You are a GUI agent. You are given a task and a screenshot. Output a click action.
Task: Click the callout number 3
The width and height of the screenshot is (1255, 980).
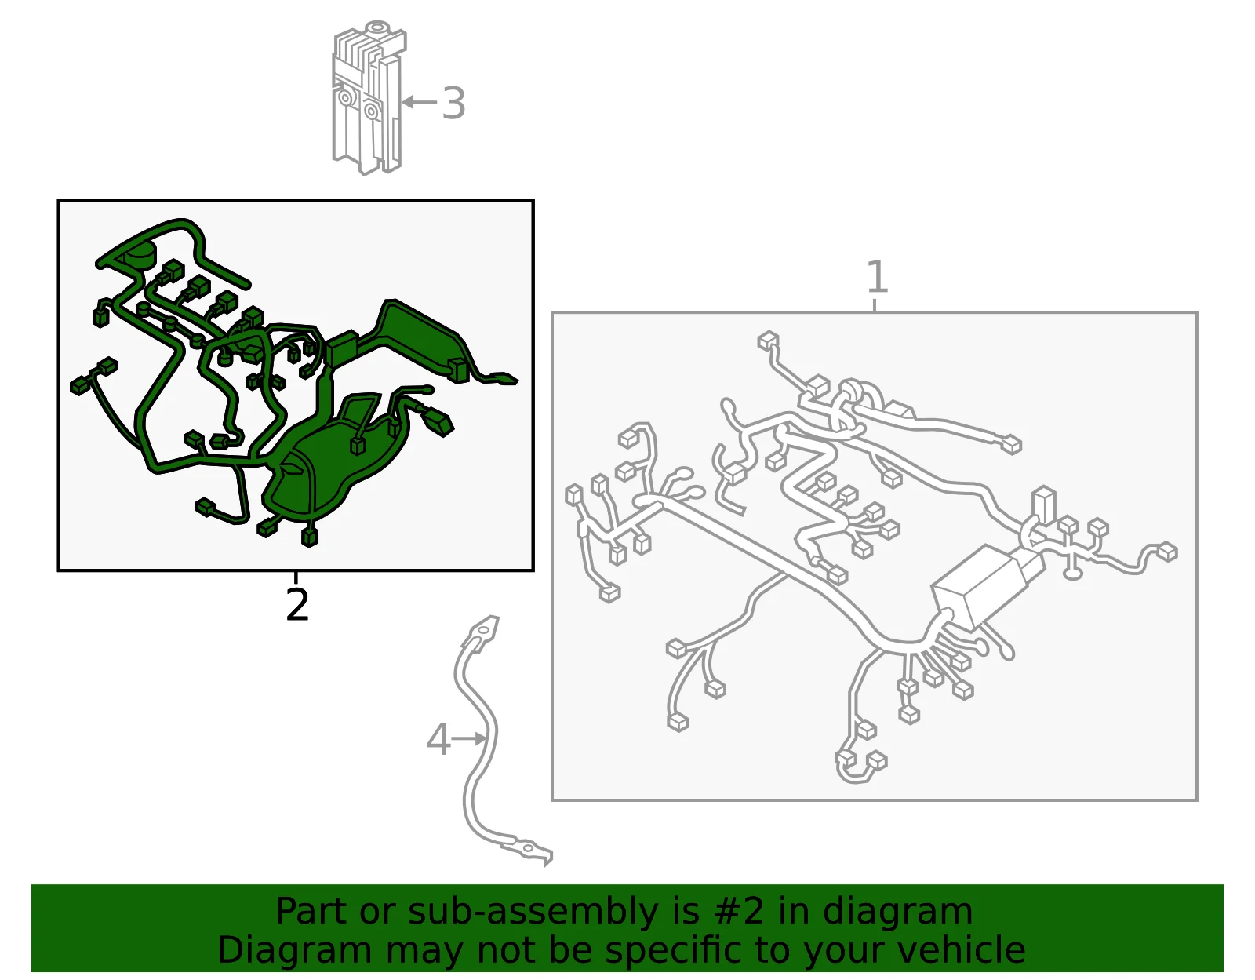click(453, 104)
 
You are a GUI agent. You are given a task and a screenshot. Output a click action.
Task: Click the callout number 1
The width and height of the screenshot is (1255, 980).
click(877, 277)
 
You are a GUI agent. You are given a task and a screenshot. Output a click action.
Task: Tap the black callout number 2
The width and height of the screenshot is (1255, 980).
click(296, 605)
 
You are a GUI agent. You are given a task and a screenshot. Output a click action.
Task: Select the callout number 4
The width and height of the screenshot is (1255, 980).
click(438, 739)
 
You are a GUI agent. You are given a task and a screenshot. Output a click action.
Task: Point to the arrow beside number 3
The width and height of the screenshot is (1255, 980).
click(419, 102)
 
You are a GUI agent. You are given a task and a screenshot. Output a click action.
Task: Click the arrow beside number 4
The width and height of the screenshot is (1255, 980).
click(468, 738)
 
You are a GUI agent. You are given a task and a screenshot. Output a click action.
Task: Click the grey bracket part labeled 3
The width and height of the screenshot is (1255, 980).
click(369, 97)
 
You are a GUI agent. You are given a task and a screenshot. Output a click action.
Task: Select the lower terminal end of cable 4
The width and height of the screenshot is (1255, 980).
click(529, 852)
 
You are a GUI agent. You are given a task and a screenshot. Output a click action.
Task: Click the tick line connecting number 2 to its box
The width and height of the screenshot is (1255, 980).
click(296, 577)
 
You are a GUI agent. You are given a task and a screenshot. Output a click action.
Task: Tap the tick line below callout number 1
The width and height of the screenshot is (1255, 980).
click(875, 305)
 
